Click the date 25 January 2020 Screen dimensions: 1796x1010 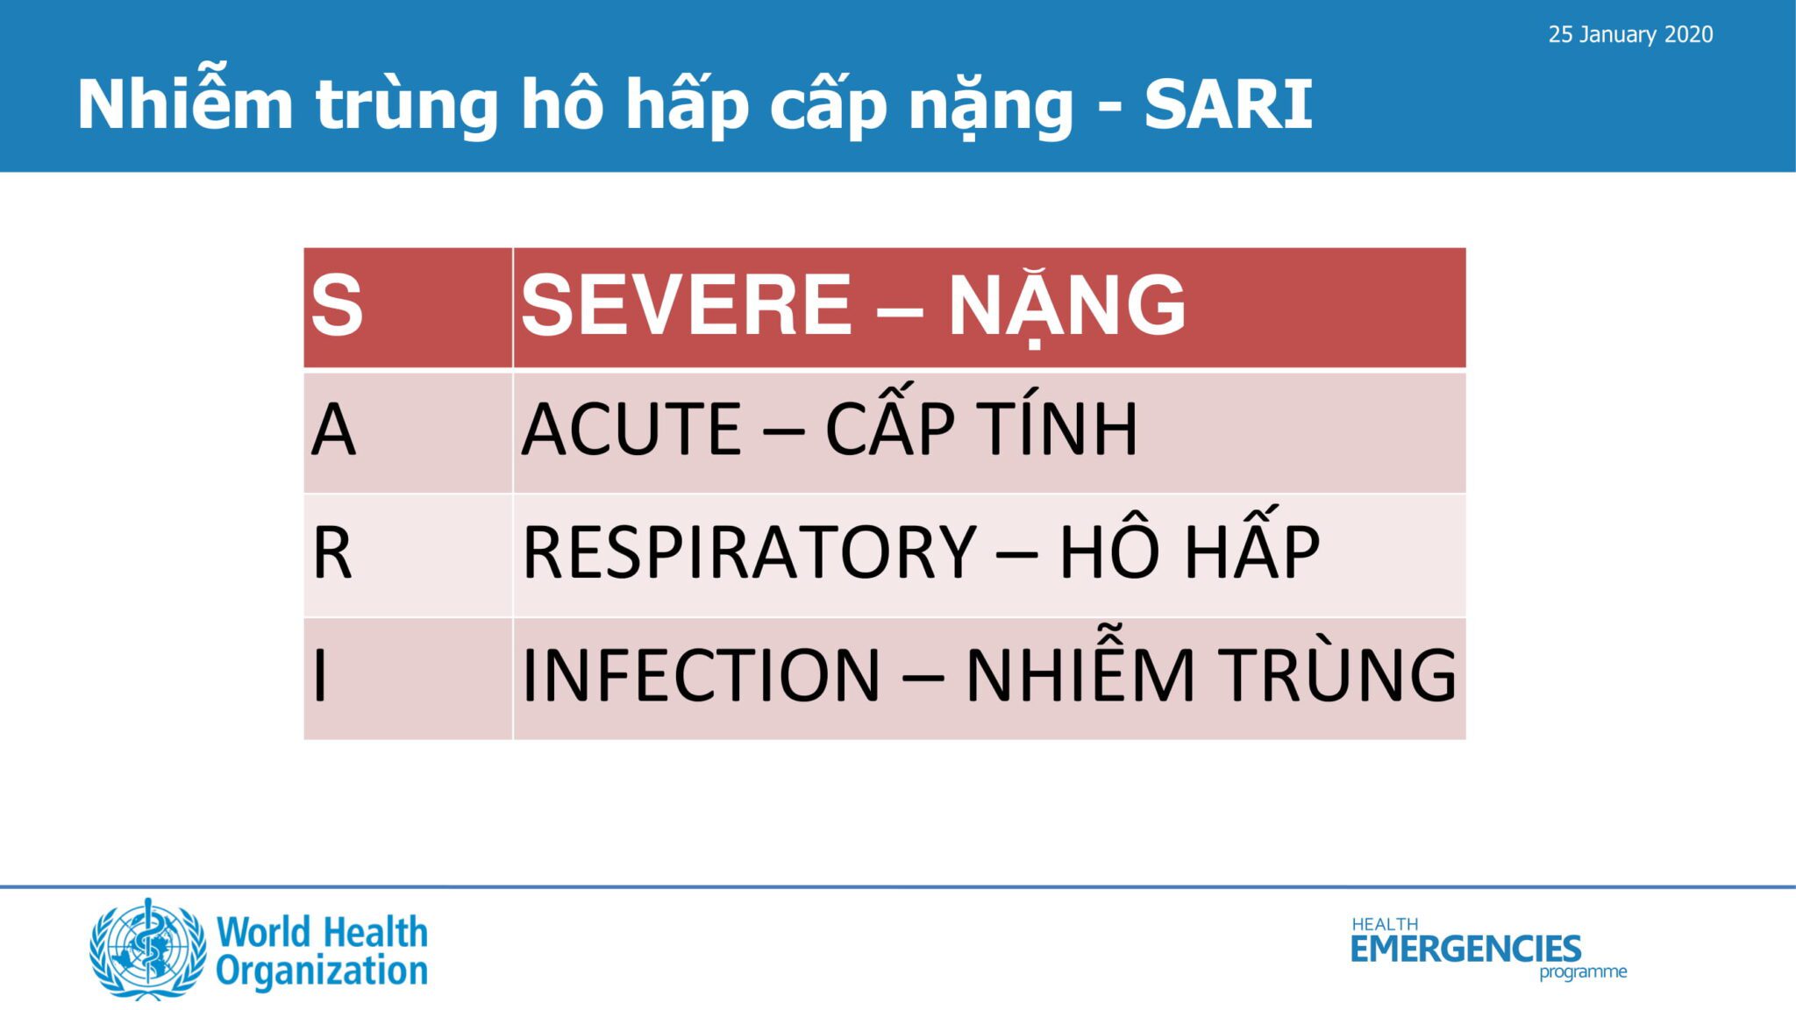(x=1630, y=35)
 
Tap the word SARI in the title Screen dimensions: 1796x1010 (x=1229, y=105)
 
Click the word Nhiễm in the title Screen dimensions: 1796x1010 (x=185, y=98)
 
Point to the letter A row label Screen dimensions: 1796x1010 (x=333, y=430)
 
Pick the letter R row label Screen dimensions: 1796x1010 (x=331, y=553)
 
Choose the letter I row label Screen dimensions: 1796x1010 (x=320, y=675)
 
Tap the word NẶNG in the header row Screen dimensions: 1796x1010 (x=1067, y=307)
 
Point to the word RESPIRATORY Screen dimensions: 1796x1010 (x=750, y=552)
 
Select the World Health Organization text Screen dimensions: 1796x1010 (x=322, y=952)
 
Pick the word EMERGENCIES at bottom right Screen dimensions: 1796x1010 (x=1465, y=949)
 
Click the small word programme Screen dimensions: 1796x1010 (x=1583, y=972)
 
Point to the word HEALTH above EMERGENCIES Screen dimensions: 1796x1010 (x=1385, y=924)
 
